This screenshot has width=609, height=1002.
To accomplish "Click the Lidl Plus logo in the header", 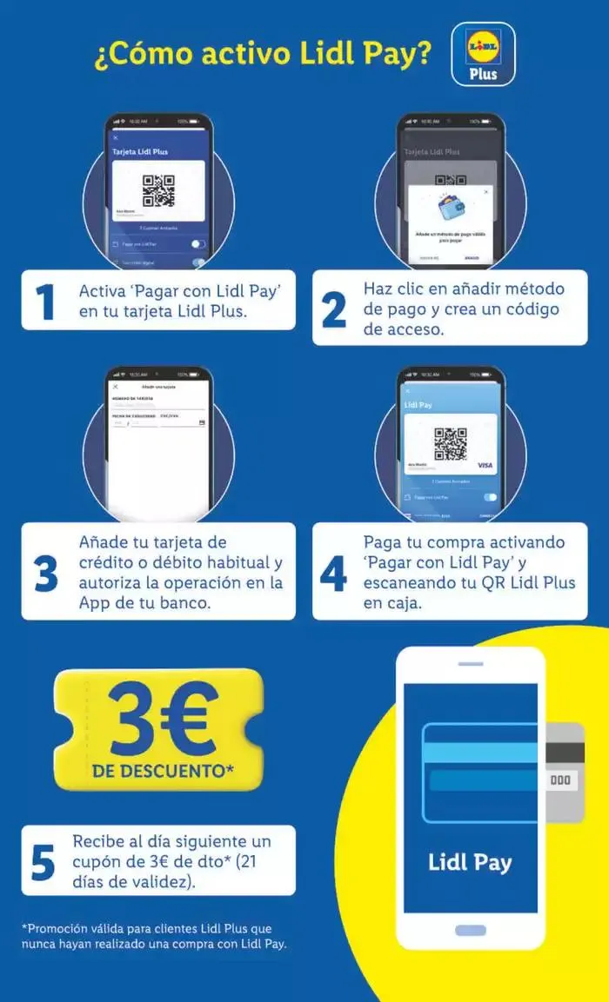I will [x=483, y=53].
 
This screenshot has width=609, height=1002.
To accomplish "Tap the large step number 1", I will [x=44, y=301].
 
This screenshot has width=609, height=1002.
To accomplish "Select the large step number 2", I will [x=333, y=309].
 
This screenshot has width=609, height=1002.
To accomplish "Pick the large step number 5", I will [x=43, y=860].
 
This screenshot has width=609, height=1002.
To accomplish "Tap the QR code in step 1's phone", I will [x=158, y=190].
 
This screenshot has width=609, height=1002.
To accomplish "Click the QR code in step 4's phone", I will [x=450, y=443].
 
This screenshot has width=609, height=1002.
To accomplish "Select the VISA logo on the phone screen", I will [x=485, y=466].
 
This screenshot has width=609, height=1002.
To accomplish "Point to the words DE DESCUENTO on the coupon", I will [x=163, y=771].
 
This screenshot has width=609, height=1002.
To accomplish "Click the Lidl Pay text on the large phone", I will [x=470, y=862].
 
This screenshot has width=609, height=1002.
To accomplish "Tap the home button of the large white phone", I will [x=470, y=930].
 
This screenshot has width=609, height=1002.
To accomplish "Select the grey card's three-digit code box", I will [x=560, y=780].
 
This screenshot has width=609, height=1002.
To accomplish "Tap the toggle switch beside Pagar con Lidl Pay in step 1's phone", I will [x=198, y=245].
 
